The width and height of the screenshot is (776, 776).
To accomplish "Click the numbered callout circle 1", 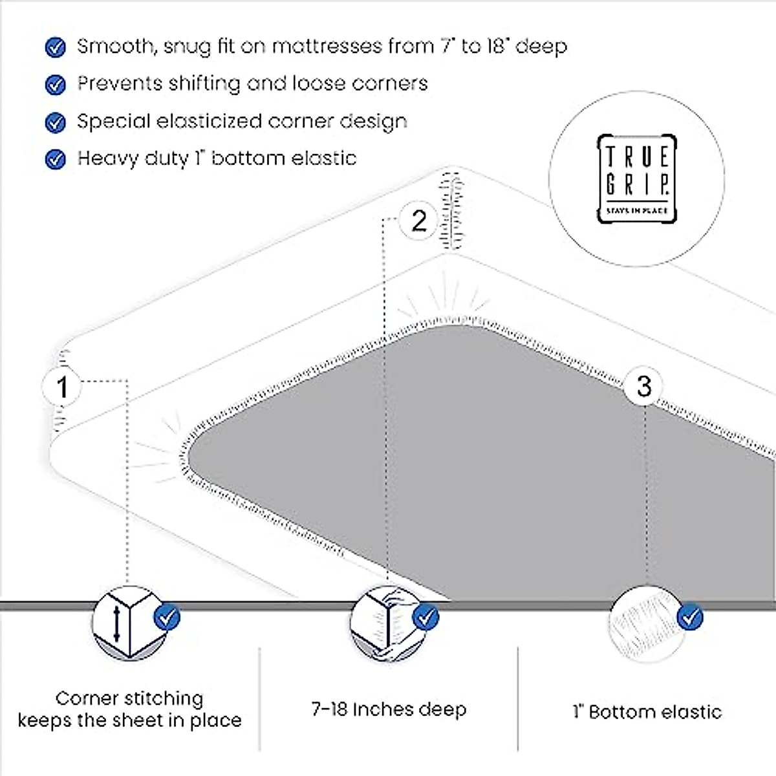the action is (x=62, y=387).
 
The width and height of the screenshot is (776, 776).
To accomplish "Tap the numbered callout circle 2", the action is (x=419, y=221).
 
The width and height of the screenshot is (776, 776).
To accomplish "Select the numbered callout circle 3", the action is (x=643, y=386).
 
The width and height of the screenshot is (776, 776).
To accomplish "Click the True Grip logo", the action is (x=636, y=178).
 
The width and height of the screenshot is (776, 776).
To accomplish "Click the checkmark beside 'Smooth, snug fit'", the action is (x=56, y=47).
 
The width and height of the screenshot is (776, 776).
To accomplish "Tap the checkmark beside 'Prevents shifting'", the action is (x=56, y=85).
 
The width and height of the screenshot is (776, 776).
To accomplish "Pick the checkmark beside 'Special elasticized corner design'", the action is (x=56, y=122).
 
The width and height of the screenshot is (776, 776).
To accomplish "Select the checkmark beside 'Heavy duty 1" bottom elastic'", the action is (x=56, y=159).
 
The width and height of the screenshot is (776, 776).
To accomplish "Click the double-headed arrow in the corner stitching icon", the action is (x=116, y=623).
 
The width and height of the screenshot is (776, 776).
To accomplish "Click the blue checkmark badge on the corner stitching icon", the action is (x=167, y=616).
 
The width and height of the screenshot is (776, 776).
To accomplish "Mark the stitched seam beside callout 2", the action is (x=451, y=211).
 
